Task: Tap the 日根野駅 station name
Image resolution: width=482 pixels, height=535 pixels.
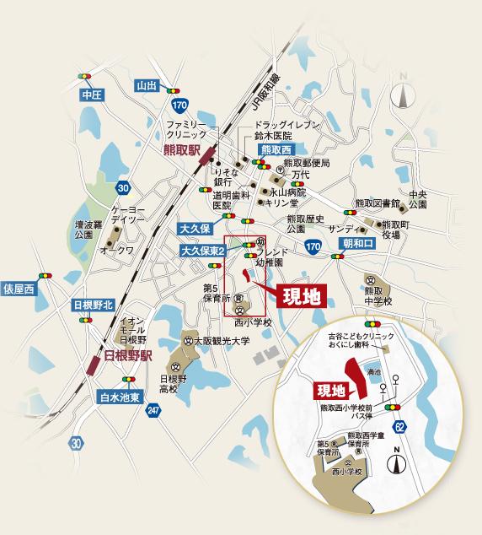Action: pyautogui.click(x=127, y=355)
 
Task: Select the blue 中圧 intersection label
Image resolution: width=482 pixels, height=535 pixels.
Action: pyautogui.click(x=91, y=95)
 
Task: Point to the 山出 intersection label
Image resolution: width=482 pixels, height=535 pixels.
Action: pyautogui.click(x=147, y=84)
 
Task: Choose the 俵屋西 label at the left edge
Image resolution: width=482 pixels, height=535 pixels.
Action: pyautogui.click(x=18, y=289)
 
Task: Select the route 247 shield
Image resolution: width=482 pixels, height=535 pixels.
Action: pyautogui.click(x=152, y=410)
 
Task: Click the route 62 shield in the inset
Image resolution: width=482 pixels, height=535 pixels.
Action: pyautogui.click(x=399, y=424)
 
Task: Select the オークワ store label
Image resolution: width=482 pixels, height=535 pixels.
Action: pyautogui.click(x=117, y=250)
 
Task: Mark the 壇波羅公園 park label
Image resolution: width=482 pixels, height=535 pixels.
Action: pyautogui.click(x=88, y=230)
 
